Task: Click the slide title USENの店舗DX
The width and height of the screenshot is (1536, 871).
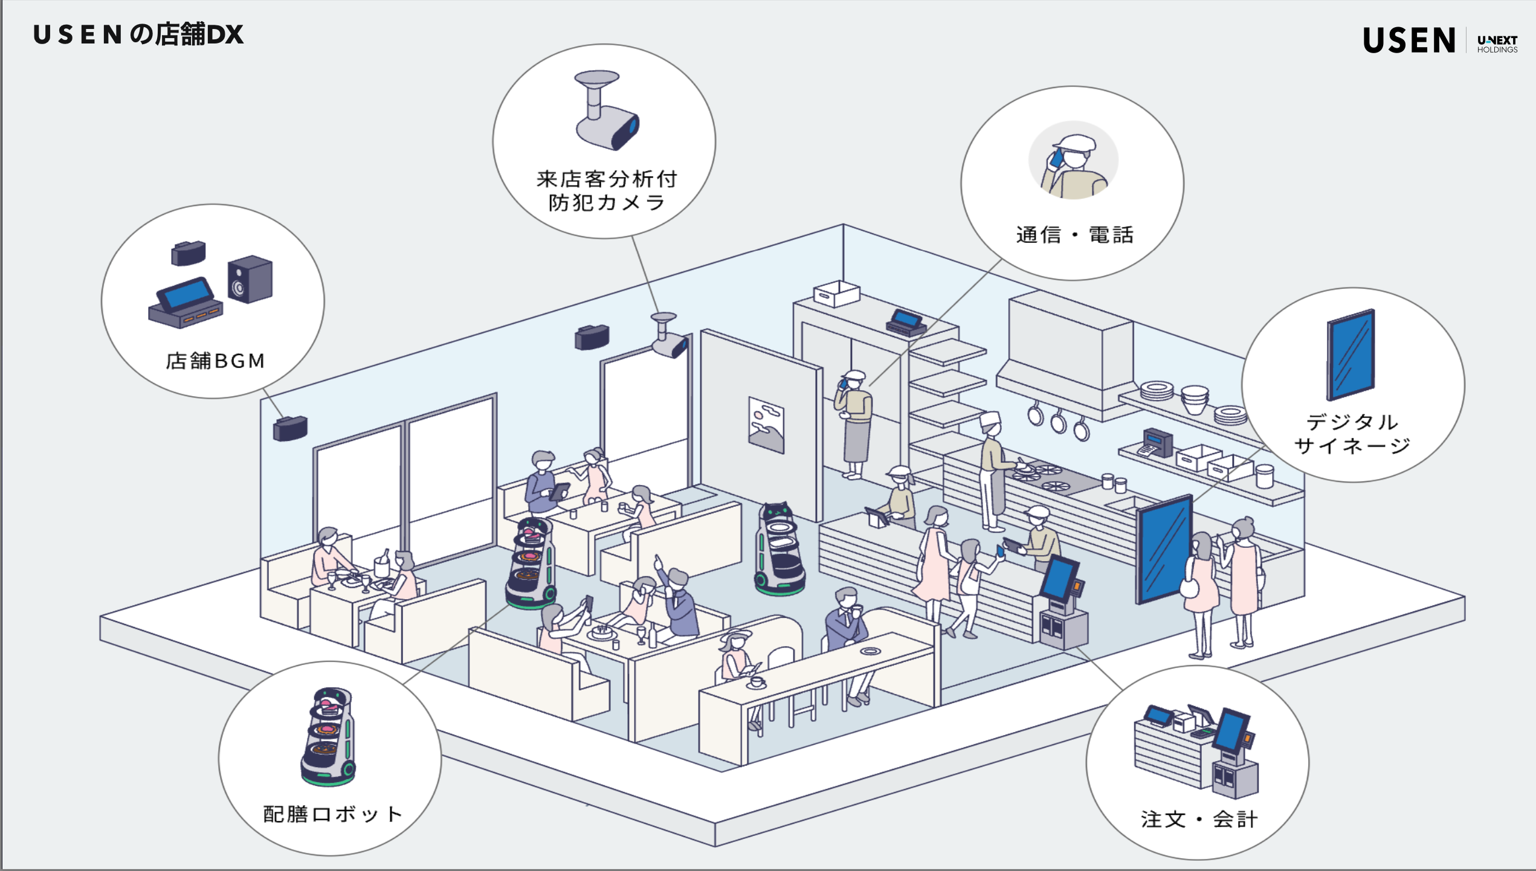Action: [x=138, y=34]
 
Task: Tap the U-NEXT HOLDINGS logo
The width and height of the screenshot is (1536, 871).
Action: [x=1497, y=43]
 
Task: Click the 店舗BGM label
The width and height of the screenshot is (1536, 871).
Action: [x=215, y=361]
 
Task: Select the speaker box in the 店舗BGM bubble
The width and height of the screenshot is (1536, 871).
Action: [x=250, y=280]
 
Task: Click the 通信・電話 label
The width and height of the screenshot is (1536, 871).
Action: [x=1074, y=234]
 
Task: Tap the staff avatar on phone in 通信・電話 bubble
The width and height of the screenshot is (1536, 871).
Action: [x=1074, y=161]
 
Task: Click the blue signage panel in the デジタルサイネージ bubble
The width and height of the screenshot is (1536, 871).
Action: [x=1351, y=355]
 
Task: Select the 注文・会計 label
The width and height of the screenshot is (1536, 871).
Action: [x=1199, y=819]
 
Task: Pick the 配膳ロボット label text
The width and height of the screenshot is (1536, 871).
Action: [x=332, y=814]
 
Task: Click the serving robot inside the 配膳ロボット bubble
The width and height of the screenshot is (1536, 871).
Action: [x=328, y=737]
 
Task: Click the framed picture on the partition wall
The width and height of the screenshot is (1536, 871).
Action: [x=766, y=425]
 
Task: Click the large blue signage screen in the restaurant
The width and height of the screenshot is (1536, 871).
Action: [x=1164, y=548]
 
